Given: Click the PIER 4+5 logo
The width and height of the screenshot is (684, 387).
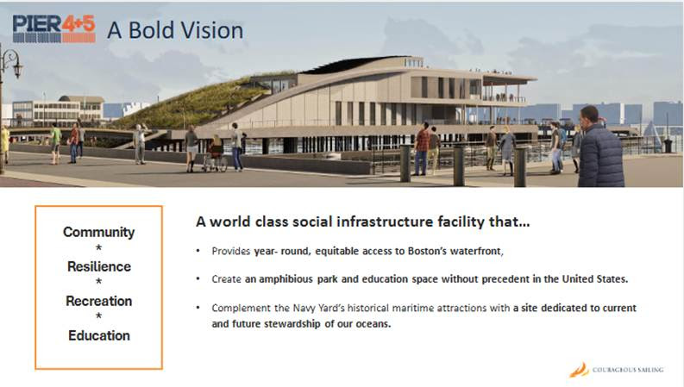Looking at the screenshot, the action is pyautogui.click(x=54, y=28).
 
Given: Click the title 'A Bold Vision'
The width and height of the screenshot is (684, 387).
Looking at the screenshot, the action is pyautogui.click(x=175, y=30).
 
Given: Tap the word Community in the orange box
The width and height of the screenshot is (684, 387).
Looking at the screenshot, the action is pyautogui.click(x=98, y=232).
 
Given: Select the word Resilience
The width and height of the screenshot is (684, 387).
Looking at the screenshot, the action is pyautogui.click(x=99, y=266).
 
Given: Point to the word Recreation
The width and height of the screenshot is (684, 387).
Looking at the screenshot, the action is pyautogui.click(x=99, y=301).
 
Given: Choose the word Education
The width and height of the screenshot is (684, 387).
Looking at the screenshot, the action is pyautogui.click(x=99, y=335).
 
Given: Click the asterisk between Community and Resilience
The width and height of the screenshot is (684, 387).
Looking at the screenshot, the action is pyautogui.click(x=98, y=248).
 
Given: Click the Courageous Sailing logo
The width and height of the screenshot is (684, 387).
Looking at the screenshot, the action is pyautogui.click(x=617, y=370).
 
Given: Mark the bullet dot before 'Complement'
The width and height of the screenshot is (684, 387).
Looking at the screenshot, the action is pyautogui.click(x=198, y=307).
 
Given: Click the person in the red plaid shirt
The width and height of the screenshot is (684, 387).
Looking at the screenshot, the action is pyautogui.click(x=422, y=149).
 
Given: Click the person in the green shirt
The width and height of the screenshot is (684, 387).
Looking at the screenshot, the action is pyautogui.click(x=55, y=143).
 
